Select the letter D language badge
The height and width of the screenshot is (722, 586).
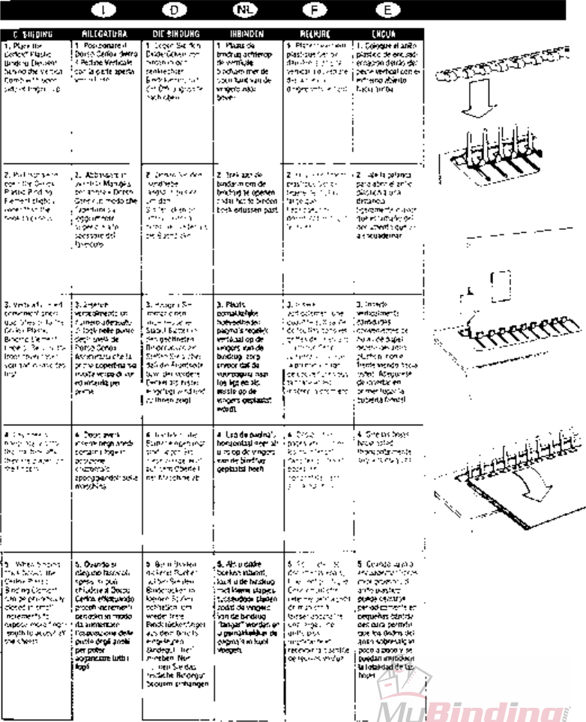174,10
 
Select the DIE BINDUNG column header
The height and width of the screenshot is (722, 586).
174,34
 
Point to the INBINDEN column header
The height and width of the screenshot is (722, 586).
244,34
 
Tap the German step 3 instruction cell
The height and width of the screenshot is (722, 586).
175,360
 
